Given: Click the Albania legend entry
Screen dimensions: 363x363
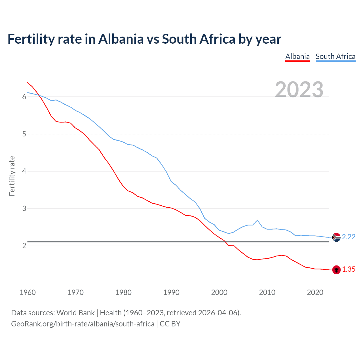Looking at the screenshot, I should (x=297, y=56).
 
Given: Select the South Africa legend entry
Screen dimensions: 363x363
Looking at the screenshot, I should (x=335, y=56).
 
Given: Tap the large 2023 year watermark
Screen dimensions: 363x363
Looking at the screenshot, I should (x=299, y=90).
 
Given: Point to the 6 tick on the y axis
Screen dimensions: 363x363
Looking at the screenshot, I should (x=24, y=97).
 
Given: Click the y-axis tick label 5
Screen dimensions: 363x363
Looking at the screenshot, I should (x=24, y=134).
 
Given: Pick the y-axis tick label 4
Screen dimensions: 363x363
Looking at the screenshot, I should (x=24, y=171).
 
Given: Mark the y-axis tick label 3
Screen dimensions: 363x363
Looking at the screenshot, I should (x=24, y=208).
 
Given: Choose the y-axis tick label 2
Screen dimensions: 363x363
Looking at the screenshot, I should (x=24, y=246).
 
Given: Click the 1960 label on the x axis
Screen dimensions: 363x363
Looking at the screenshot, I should (x=28, y=292).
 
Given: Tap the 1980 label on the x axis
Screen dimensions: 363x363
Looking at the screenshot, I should (x=123, y=292).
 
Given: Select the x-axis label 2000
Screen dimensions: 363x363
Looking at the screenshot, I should (x=219, y=292).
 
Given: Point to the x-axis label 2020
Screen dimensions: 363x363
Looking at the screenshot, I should (x=315, y=292).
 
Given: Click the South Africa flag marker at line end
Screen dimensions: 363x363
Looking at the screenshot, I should (x=336, y=237).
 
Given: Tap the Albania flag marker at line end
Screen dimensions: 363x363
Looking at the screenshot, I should (x=336, y=270).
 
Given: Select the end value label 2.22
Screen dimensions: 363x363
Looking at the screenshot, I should (x=349, y=237).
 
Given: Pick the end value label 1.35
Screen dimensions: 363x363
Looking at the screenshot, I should (x=349, y=269).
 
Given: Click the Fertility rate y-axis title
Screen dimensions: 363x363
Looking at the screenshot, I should (x=12, y=176).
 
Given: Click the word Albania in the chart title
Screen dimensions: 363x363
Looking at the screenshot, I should (x=121, y=39).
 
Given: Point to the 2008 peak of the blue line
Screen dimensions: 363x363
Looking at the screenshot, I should (x=257, y=220).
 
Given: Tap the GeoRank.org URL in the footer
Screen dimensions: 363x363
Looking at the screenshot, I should (x=83, y=324).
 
